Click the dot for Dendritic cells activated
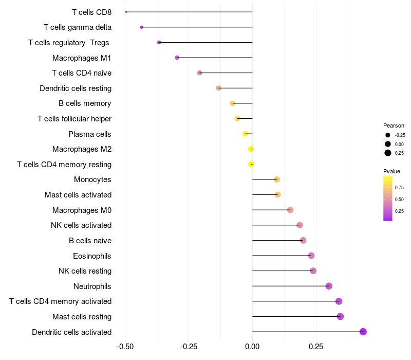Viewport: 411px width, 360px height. [x=363, y=332]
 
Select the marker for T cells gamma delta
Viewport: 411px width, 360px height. [x=142, y=27]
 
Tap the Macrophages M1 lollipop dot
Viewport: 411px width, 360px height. [x=177, y=58]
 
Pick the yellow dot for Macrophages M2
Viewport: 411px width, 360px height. [x=251, y=149]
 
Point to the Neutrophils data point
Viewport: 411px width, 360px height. [x=329, y=286]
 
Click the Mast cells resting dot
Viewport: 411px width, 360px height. [x=340, y=316]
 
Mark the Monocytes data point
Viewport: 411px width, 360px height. [x=276, y=179]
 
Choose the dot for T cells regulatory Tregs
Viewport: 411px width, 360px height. [x=159, y=43]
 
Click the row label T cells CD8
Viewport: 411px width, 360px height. [x=92, y=12]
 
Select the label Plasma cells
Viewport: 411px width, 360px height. [x=89, y=134]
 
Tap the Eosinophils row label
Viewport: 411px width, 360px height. [x=92, y=256]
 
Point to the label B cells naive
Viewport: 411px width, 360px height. [x=90, y=241]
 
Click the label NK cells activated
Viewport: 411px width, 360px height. [x=81, y=225]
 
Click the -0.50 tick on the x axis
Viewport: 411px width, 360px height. [x=125, y=347]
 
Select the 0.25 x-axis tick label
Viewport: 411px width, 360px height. [x=316, y=347]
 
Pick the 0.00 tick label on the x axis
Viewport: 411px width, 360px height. [x=252, y=347]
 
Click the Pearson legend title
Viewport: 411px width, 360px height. [x=394, y=125]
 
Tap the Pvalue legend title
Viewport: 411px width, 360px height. [x=391, y=171]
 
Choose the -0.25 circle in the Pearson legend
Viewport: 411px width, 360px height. [x=388, y=135]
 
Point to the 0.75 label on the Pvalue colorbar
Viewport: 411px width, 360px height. [x=399, y=188]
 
